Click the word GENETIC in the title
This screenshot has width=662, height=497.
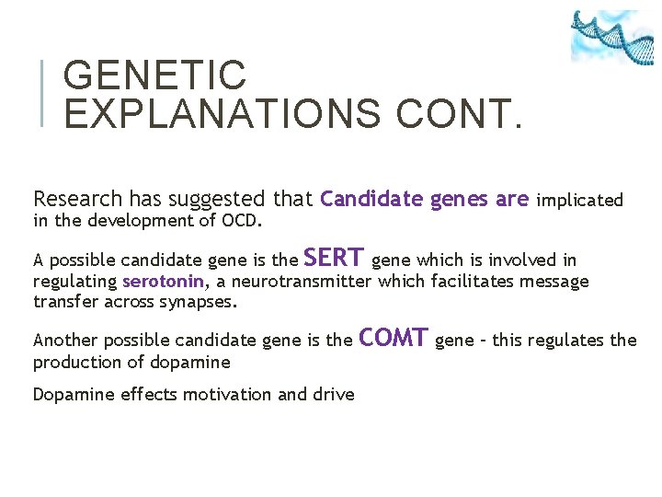click(x=155, y=75)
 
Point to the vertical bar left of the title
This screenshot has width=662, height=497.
click(x=43, y=93)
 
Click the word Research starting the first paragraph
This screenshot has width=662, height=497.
click(x=77, y=199)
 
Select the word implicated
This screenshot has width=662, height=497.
click(x=579, y=200)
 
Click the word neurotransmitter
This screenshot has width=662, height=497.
click(x=296, y=281)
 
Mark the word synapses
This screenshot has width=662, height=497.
click(x=200, y=302)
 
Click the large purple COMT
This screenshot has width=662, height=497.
click(x=394, y=338)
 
